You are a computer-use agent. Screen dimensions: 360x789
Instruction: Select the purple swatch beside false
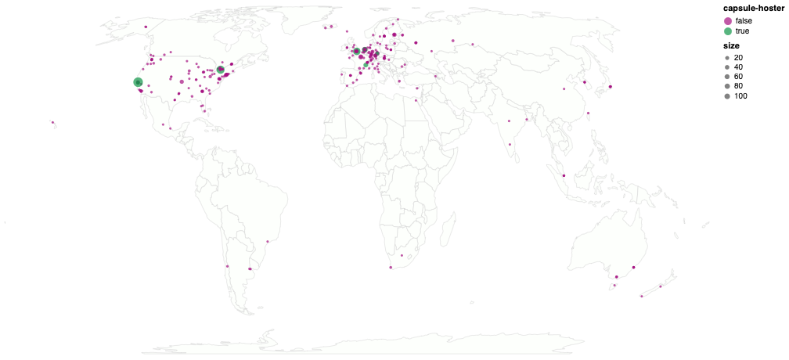tap(728, 20)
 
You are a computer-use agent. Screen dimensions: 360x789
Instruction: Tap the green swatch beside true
tap(728, 31)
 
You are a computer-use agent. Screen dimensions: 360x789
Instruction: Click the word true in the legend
tap(742, 31)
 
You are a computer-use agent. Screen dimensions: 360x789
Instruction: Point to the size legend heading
tap(731, 46)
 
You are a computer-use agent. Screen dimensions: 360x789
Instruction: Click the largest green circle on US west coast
tap(138, 82)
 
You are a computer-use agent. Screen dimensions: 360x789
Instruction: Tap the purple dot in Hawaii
tap(52, 122)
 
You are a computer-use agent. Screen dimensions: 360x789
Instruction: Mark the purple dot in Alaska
tap(146, 27)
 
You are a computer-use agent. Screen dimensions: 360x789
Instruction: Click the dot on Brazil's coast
tap(268, 241)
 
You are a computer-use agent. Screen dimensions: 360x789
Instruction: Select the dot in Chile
tap(227, 266)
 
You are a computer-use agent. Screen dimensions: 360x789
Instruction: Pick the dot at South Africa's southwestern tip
tap(391, 268)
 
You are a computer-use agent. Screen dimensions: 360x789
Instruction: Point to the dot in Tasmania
tap(615, 286)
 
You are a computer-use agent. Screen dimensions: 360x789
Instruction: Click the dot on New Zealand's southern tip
tap(641, 297)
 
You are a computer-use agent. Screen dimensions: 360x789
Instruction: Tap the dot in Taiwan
tap(589, 113)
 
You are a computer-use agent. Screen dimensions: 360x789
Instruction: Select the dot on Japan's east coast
tap(611, 86)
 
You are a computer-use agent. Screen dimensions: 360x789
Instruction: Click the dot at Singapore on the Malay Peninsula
tap(564, 175)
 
